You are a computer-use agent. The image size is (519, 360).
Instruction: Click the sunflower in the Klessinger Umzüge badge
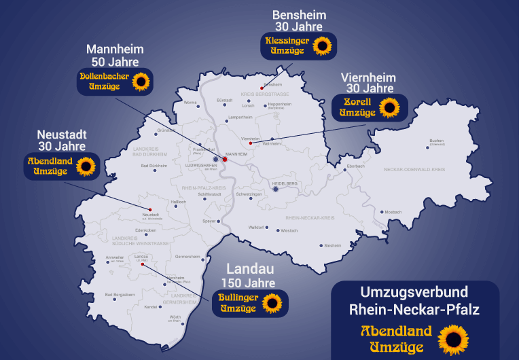(x=322, y=46)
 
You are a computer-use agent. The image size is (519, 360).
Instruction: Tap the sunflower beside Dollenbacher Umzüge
(x=141, y=82)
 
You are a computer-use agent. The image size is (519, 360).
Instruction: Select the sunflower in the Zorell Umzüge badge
(x=389, y=107)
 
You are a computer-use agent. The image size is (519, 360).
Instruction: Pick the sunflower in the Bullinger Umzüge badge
(x=272, y=303)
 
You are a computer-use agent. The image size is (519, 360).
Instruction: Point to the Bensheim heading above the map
(x=299, y=15)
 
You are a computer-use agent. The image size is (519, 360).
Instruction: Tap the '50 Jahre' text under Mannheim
(x=112, y=62)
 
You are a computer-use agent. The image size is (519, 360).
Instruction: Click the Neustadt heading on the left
(x=61, y=134)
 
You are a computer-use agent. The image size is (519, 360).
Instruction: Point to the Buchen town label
(x=435, y=141)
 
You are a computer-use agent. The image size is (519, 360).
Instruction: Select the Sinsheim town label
(x=333, y=245)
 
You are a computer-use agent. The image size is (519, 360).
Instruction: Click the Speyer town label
(x=209, y=221)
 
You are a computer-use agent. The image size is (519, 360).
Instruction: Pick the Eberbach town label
(x=356, y=166)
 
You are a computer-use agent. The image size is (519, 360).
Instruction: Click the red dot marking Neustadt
(x=150, y=209)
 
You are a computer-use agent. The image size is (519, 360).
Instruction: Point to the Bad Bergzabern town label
(x=118, y=295)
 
